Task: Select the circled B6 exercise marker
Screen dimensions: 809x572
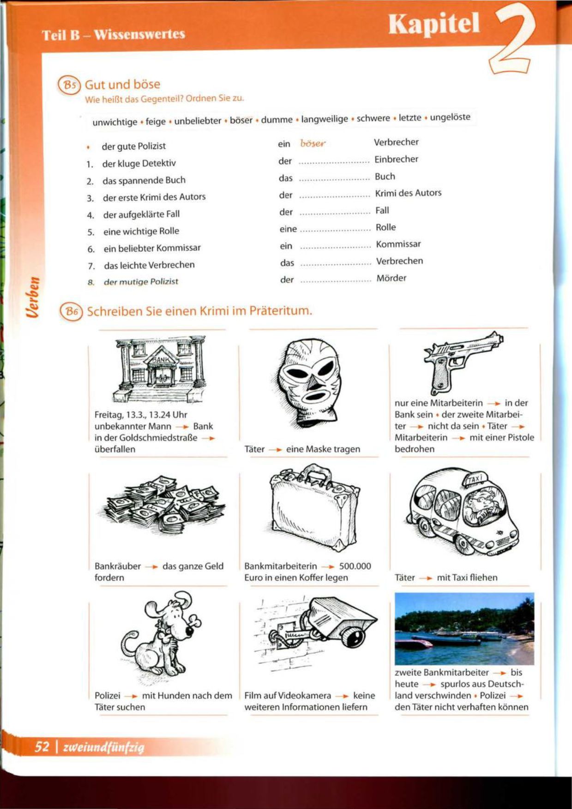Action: coord(71,311)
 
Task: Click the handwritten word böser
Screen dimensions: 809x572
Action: coord(313,143)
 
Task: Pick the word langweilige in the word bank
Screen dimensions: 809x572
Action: coord(325,119)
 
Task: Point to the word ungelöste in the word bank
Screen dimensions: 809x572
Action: coord(450,117)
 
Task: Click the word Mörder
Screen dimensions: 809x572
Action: coord(391,278)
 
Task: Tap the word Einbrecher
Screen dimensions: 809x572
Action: coord(396,159)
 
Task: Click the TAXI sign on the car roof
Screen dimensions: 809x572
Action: coord(476,479)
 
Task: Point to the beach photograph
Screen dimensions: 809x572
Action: coord(464,628)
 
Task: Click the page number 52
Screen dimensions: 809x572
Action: coord(42,747)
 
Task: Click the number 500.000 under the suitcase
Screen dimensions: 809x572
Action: coord(355,566)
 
